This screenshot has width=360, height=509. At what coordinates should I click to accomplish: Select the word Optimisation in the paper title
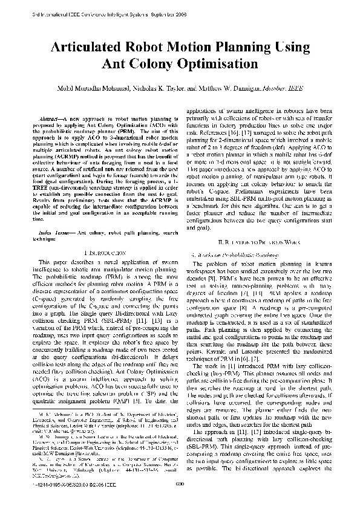click(x=209, y=63)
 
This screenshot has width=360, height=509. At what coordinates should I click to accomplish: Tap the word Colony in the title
click(x=147, y=63)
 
